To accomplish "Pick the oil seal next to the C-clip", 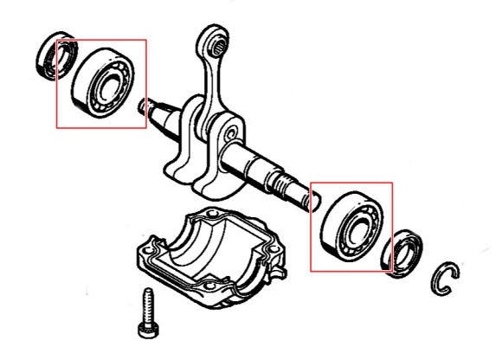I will coord(404,253).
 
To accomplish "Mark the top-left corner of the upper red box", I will coord(57,40).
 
